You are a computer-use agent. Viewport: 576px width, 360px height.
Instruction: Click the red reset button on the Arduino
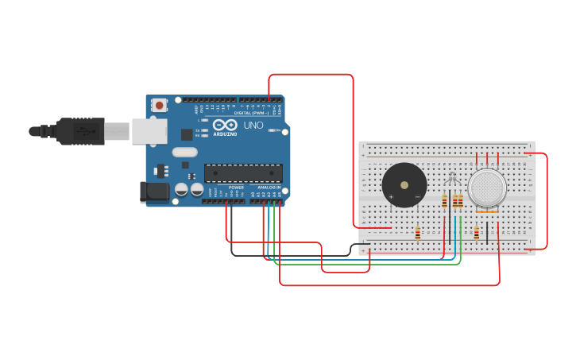coord(160,104)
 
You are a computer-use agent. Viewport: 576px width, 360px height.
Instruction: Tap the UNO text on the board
coord(253,126)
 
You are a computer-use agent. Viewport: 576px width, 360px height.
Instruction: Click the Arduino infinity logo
coord(225,125)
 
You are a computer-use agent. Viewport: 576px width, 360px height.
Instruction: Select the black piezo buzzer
coord(404,185)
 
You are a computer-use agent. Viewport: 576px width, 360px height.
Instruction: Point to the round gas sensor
coord(487,188)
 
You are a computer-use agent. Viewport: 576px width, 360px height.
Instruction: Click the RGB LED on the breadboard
coord(453,180)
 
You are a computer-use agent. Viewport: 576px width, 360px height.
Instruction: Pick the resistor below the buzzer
coord(418,233)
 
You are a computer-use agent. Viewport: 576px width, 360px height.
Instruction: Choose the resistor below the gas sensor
coord(477,233)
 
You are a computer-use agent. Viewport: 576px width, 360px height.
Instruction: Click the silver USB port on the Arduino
coord(149,131)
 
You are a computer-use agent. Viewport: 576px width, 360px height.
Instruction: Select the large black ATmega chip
coord(243,172)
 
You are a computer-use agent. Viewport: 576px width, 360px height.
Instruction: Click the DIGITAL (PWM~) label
coord(249,113)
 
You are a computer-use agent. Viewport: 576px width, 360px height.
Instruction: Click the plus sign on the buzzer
coord(391,196)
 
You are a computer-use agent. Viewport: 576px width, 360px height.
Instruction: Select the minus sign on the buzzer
coord(417,196)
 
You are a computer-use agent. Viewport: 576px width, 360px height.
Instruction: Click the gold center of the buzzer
coord(404,185)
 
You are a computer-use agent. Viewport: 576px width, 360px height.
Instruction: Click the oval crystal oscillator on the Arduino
coord(184,152)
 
